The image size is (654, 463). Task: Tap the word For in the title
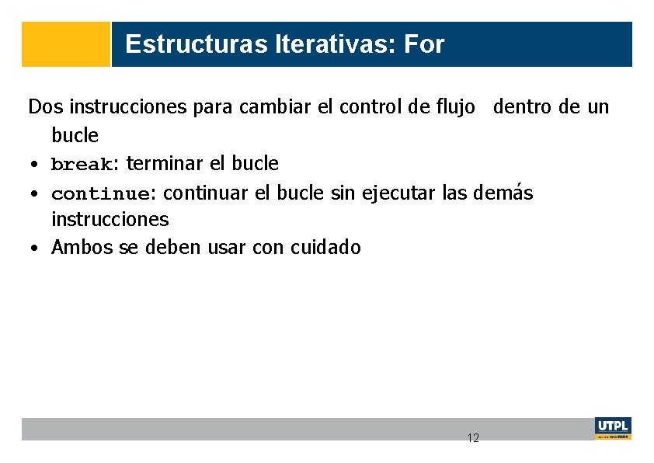point(424,44)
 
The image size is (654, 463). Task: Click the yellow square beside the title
point(66,44)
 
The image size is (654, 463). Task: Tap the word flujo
point(452,106)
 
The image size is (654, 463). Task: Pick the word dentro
point(524,106)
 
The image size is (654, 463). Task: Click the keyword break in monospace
point(82,165)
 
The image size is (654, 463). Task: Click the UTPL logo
point(613,428)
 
